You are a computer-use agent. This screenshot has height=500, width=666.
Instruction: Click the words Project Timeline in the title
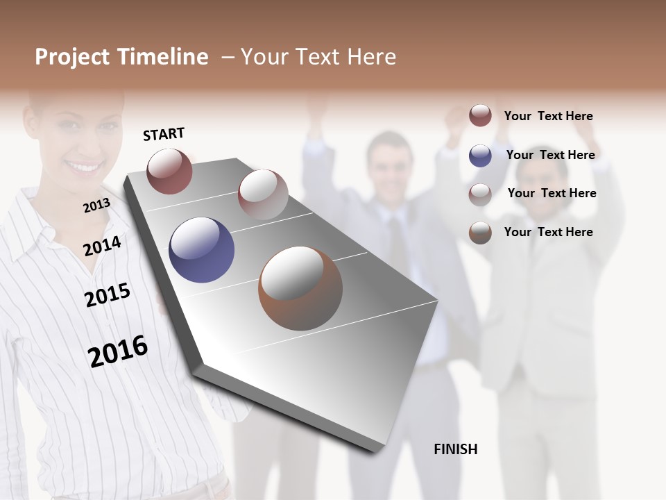click(x=121, y=57)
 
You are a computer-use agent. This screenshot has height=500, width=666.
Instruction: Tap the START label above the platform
click(x=164, y=134)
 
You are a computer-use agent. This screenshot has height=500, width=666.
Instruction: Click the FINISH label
click(x=456, y=449)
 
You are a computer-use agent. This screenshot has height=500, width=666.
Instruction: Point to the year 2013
click(x=96, y=206)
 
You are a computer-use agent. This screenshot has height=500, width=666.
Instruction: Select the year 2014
click(x=102, y=246)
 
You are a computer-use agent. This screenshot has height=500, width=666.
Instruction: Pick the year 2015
click(x=108, y=295)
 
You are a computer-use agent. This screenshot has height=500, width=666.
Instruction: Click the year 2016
click(x=118, y=351)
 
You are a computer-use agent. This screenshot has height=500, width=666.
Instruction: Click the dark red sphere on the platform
click(x=169, y=171)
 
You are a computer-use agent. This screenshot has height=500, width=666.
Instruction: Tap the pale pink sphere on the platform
click(x=263, y=194)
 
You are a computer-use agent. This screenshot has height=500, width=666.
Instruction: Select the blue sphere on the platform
click(x=201, y=250)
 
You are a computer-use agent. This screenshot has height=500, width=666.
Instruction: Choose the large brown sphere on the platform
click(x=300, y=288)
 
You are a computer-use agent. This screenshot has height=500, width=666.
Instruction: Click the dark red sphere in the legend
click(x=480, y=115)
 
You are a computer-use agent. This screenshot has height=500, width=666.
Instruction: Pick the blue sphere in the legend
click(x=480, y=156)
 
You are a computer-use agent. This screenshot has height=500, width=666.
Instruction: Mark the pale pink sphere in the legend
click(x=480, y=194)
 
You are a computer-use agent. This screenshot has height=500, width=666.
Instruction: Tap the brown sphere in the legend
click(x=480, y=233)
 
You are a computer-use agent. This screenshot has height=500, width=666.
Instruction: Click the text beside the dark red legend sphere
click(x=549, y=116)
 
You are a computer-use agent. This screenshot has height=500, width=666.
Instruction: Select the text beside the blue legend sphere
click(x=550, y=155)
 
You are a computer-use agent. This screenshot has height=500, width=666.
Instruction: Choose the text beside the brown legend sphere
click(x=549, y=232)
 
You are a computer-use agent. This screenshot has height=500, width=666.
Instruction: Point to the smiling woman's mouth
click(x=84, y=167)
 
